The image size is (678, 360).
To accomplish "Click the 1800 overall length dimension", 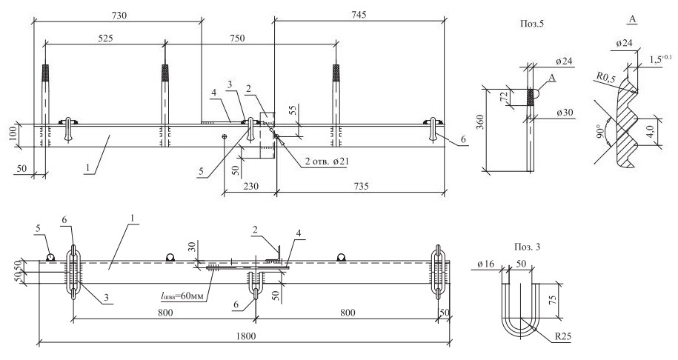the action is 246,336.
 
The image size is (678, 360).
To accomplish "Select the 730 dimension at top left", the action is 119,15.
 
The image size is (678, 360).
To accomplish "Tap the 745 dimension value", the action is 359,15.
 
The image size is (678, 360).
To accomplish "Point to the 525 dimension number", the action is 105,38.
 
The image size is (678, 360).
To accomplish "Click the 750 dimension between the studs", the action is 236,38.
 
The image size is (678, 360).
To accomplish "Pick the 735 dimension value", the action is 361,186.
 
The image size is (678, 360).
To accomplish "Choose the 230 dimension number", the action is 250,186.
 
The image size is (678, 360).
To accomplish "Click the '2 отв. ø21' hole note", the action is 327,161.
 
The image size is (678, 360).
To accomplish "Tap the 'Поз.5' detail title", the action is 531,24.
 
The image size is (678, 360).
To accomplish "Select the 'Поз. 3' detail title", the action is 527,247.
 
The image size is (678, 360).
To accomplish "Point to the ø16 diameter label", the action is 486,264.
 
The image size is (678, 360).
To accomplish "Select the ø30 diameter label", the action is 565,112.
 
